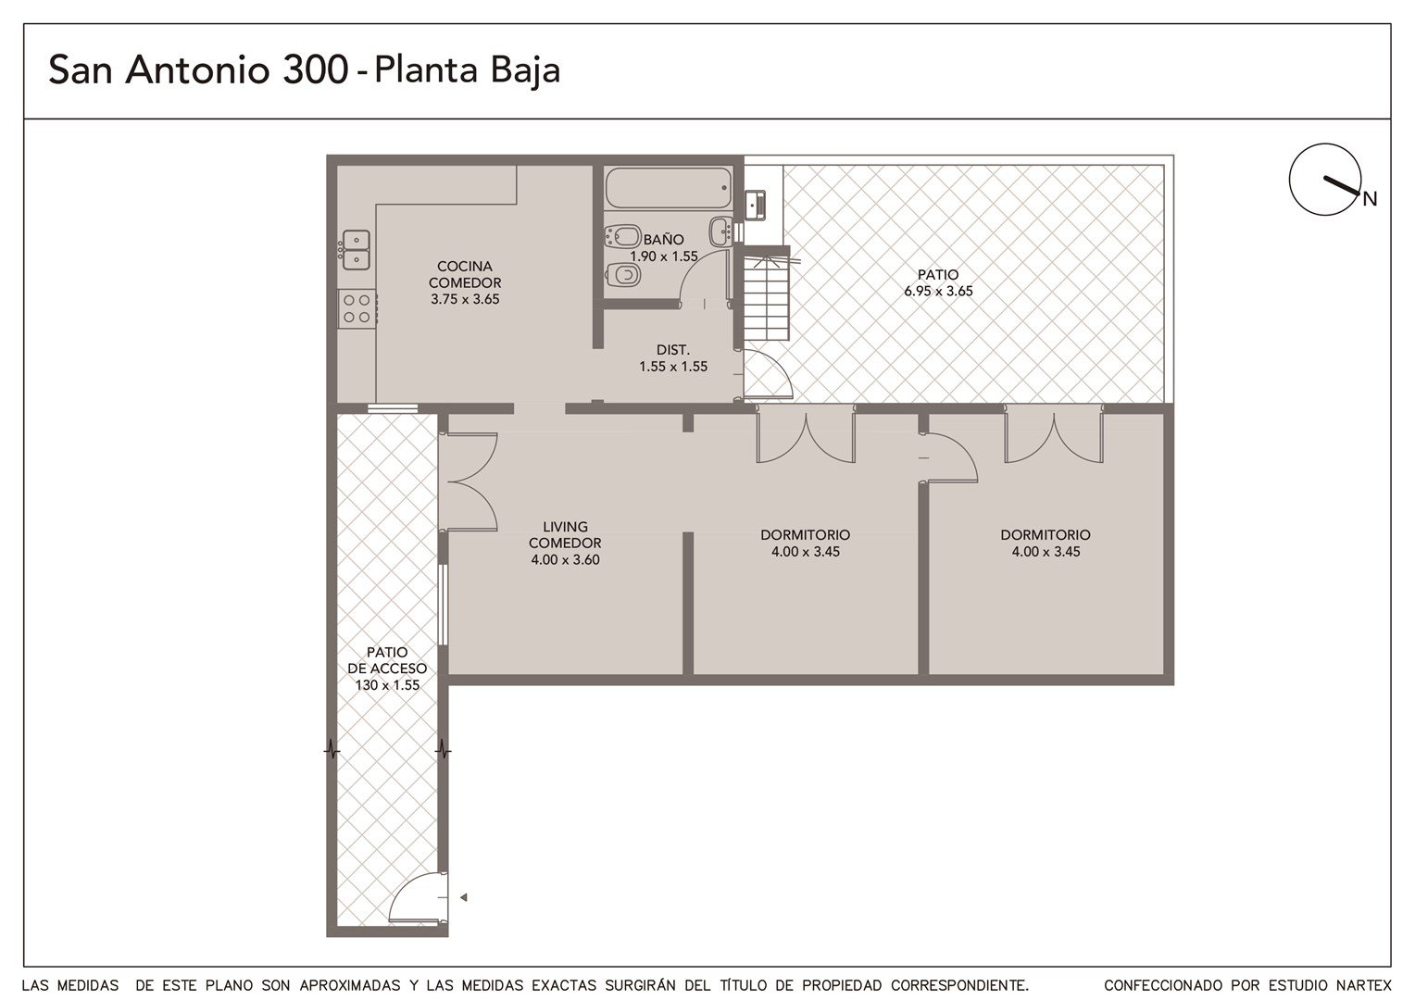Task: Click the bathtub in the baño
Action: click(669, 188)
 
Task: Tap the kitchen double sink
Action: click(356, 249)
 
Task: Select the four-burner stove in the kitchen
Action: click(357, 309)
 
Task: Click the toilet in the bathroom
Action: click(623, 275)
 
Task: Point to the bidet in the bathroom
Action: click(623, 237)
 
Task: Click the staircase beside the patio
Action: click(766, 298)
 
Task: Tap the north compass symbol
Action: click(1324, 180)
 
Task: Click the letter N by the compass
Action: click(1370, 199)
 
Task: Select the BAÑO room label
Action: click(663, 240)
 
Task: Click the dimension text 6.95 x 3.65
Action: click(938, 292)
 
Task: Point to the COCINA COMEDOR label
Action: click(465, 274)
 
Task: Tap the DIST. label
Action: click(672, 349)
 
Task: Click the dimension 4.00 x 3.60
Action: click(566, 559)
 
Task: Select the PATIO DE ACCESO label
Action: click(387, 659)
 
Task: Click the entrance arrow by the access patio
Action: click(464, 897)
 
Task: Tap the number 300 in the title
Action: click(315, 69)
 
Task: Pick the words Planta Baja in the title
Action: click(467, 69)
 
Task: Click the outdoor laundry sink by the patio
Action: click(755, 205)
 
